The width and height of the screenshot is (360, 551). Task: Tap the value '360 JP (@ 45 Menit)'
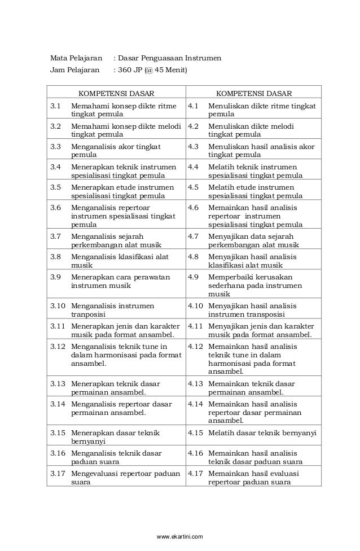[151, 71]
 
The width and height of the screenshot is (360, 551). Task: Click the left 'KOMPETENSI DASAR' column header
[116, 93]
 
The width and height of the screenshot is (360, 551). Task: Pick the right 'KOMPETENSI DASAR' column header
[254, 93]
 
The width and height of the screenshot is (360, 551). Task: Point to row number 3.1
[55, 106]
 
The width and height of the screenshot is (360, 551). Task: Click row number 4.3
[194, 147]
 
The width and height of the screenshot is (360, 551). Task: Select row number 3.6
[55, 208]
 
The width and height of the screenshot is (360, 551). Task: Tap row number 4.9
[194, 277]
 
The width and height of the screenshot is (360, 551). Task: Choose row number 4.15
[195, 433]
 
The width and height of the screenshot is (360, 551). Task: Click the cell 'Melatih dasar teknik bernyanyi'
[262, 433]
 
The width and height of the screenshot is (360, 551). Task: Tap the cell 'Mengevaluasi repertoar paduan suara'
[125, 478]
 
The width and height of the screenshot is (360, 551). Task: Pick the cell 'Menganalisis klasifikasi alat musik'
[120, 261]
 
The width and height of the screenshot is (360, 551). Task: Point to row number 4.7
[194, 237]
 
